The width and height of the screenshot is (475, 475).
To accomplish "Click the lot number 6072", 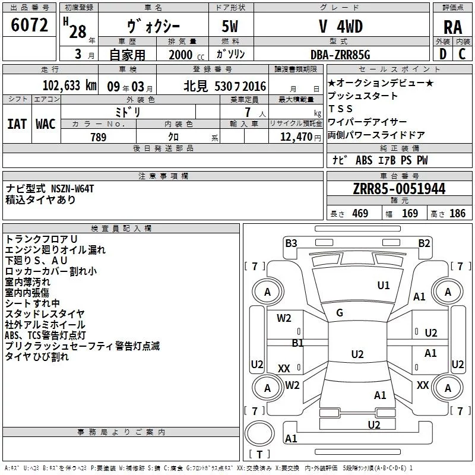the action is (x=29, y=24).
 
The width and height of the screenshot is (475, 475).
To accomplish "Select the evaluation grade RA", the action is (x=453, y=28).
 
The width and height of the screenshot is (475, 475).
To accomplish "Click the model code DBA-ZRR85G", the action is (x=340, y=55).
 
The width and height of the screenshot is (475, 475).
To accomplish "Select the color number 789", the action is (x=97, y=137).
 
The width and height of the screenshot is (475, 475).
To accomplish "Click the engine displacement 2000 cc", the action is (x=181, y=55).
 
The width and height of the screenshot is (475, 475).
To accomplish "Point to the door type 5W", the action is (x=231, y=27).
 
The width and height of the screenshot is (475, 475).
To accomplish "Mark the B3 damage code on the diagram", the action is (x=291, y=243).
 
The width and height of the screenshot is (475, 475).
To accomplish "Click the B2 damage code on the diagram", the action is (x=424, y=243).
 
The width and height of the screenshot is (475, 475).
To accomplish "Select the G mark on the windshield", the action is (x=340, y=313).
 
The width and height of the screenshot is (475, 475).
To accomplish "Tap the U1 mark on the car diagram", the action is (x=384, y=286).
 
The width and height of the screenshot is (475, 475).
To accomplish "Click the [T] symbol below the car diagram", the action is (x=259, y=455).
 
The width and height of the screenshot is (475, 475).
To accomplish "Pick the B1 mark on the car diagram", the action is (x=297, y=343).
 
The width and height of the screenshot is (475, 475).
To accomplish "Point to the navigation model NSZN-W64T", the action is (x=72, y=188).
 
